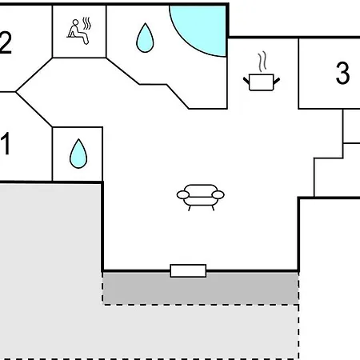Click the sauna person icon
click(x=79, y=31)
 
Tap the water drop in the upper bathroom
click(x=145, y=38)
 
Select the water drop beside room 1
click(x=78, y=154)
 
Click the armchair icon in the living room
click(x=201, y=198)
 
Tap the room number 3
click(x=342, y=73)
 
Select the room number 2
click(x=6, y=42)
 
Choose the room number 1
click(x=6, y=143)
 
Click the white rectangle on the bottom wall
click(x=188, y=271)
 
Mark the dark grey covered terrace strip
click(x=201, y=288)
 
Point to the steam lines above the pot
click(x=262, y=62)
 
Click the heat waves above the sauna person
click(x=86, y=23)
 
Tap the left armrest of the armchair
click(x=183, y=195)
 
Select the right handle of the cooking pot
click(x=277, y=81)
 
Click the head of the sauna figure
click(x=76, y=22)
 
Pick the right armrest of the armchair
click(x=218, y=195)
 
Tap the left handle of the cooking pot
click(x=246, y=81)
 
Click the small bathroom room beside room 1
click(x=78, y=154)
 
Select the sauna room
click(x=79, y=31)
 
